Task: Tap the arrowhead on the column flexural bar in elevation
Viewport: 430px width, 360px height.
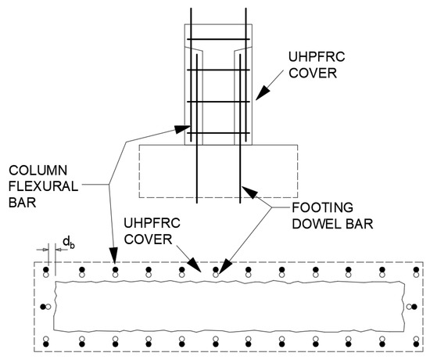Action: (x=188, y=129)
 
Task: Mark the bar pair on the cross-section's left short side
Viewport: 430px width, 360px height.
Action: (x=48, y=306)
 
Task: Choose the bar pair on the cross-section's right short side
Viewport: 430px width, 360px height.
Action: (x=409, y=306)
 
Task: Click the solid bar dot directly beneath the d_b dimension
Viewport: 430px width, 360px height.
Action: (x=47, y=271)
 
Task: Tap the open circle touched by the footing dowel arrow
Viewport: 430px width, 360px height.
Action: (x=216, y=275)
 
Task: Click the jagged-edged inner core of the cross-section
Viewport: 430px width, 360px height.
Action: (x=227, y=306)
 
